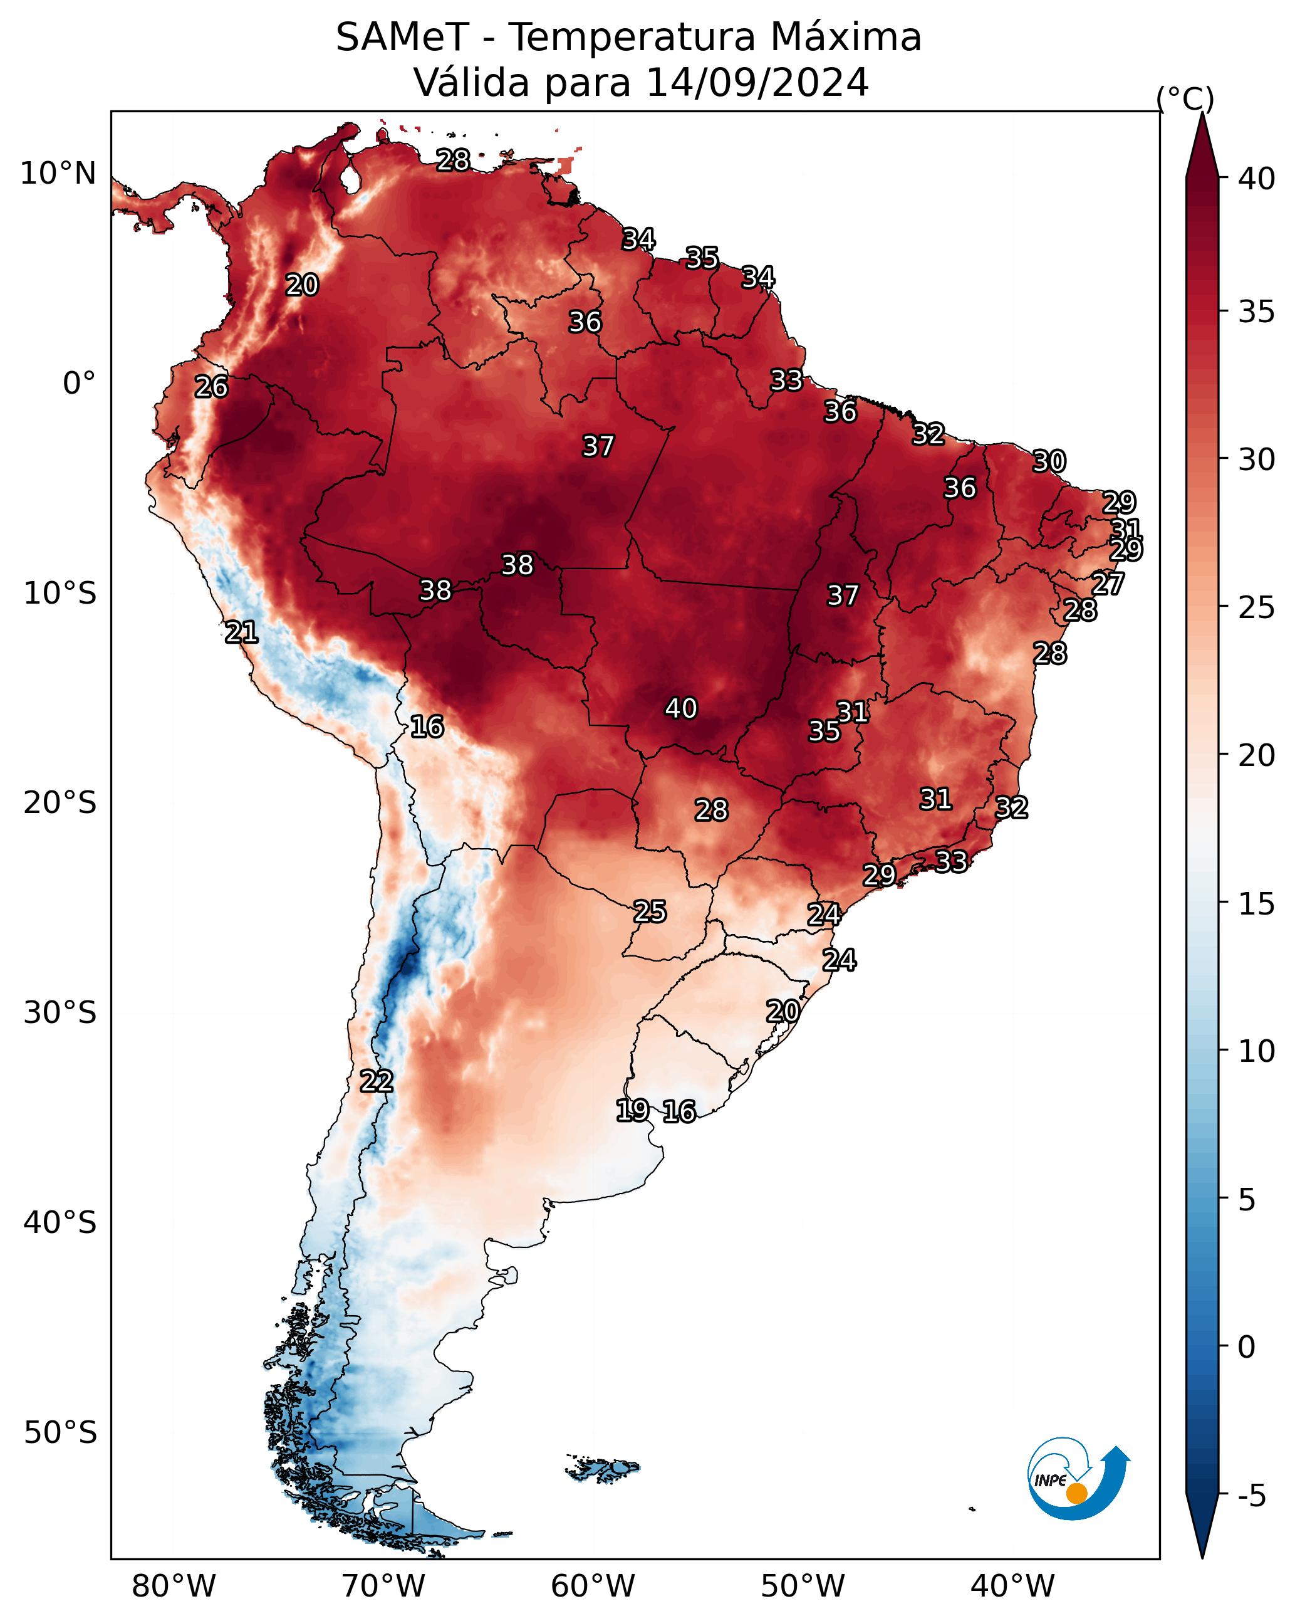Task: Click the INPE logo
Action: [1079, 1478]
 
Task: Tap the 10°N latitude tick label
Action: [58, 174]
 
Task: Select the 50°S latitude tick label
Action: [60, 1433]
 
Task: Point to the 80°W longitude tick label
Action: [174, 1586]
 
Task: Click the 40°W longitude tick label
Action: [1012, 1586]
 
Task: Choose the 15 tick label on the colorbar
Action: [1257, 904]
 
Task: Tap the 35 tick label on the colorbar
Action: [1257, 312]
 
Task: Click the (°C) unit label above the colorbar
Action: [1185, 98]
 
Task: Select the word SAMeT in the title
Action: [402, 37]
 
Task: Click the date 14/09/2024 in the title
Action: [757, 82]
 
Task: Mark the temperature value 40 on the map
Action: [681, 708]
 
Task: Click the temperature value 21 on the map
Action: [242, 632]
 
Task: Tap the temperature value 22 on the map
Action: [377, 1081]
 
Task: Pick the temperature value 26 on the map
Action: [211, 387]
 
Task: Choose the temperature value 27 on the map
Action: [1108, 584]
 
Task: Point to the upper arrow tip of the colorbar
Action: [1202, 113]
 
